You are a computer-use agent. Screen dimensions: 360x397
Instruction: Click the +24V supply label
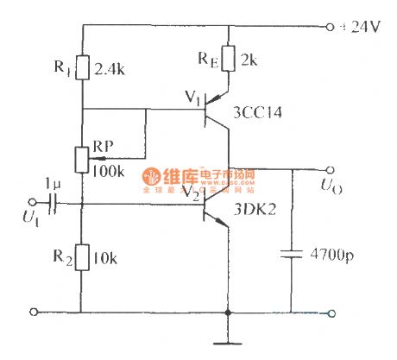(364, 26)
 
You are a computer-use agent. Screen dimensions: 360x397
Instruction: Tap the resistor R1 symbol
(83, 66)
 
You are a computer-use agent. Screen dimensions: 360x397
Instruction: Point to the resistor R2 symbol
(83, 257)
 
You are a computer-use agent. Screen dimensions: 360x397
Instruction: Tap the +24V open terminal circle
(331, 26)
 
